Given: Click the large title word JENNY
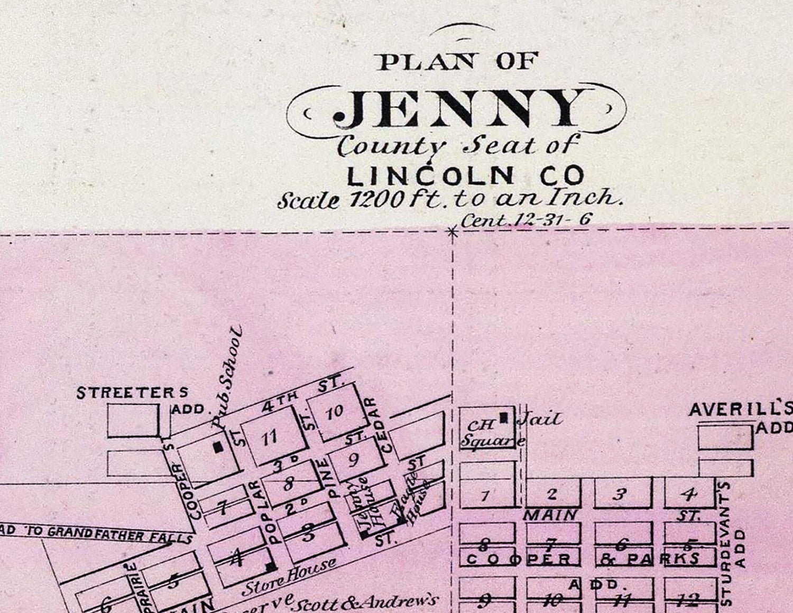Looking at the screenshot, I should tap(458, 109).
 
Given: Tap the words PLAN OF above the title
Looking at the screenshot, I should tap(458, 62).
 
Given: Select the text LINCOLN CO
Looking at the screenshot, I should tap(465, 175).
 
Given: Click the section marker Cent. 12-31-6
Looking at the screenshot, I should tap(525, 219).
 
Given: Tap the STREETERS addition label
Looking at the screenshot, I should tap(132, 393).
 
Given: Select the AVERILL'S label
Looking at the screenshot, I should tap(740, 410).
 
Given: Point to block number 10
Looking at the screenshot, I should tap(335, 412).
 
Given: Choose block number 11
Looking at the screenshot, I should tap(270, 436).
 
